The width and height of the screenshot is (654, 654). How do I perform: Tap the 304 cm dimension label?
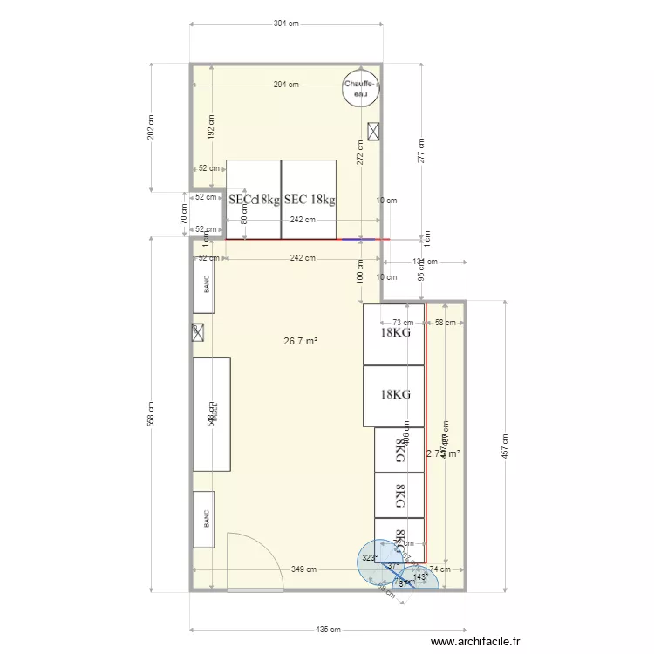(x=286, y=24)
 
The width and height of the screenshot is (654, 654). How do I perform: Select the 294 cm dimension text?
(x=286, y=85)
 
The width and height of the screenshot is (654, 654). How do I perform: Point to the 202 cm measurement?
(x=151, y=127)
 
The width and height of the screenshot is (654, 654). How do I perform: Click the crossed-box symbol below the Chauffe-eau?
(x=374, y=130)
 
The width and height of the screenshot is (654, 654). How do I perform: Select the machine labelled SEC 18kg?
(x=309, y=199)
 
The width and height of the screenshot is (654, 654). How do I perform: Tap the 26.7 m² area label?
(x=300, y=341)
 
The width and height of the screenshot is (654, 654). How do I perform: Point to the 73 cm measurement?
(x=402, y=323)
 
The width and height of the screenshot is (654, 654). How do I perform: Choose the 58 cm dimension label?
(x=445, y=323)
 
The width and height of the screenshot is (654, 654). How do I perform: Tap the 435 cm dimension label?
(x=328, y=629)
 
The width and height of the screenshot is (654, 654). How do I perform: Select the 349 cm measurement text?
(x=302, y=569)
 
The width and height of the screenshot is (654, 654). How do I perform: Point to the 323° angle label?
(x=370, y=558)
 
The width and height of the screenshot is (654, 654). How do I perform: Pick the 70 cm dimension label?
(x=184, y=214)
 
